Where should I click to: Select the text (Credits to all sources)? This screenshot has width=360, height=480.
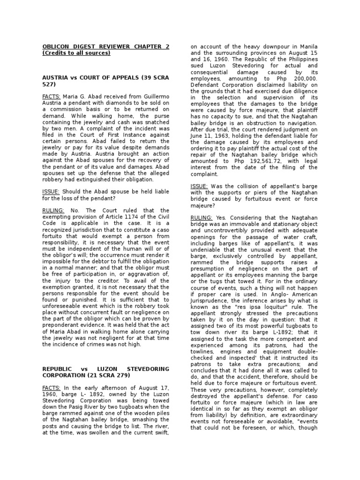(76, 53)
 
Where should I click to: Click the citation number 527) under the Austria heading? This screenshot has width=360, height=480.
(49, 84)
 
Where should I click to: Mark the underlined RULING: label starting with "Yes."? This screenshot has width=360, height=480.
(202, 217)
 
